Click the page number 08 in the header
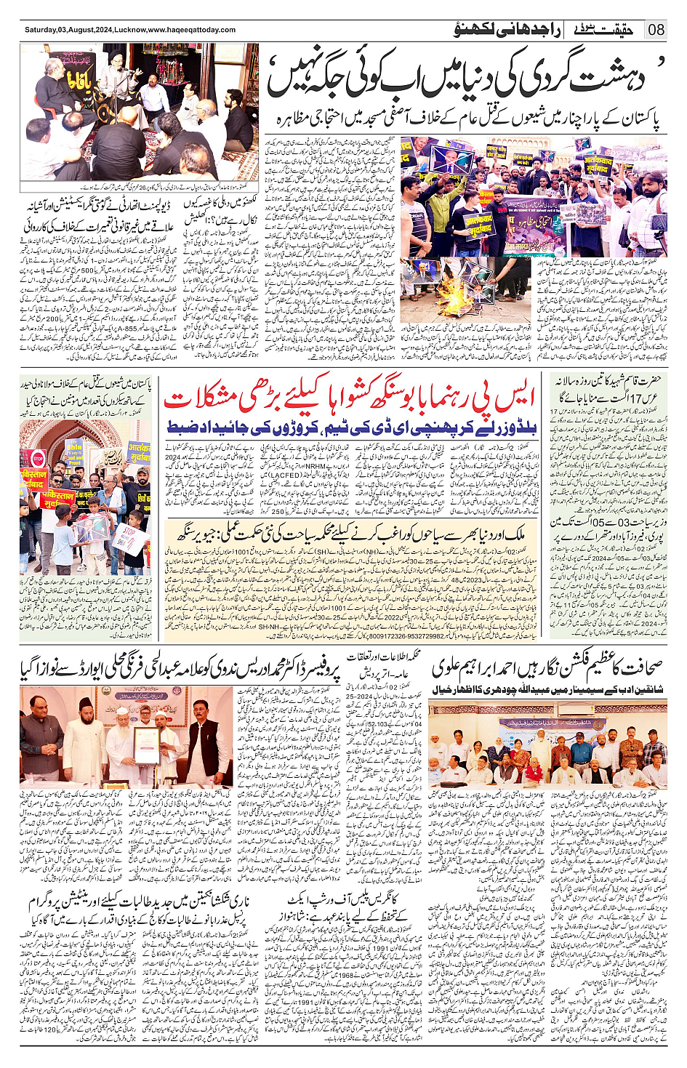tap(656, 30)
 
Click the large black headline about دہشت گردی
tap(465, 78)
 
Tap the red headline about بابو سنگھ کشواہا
tap(349, 399)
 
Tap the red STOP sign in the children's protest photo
tap(38, 459)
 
